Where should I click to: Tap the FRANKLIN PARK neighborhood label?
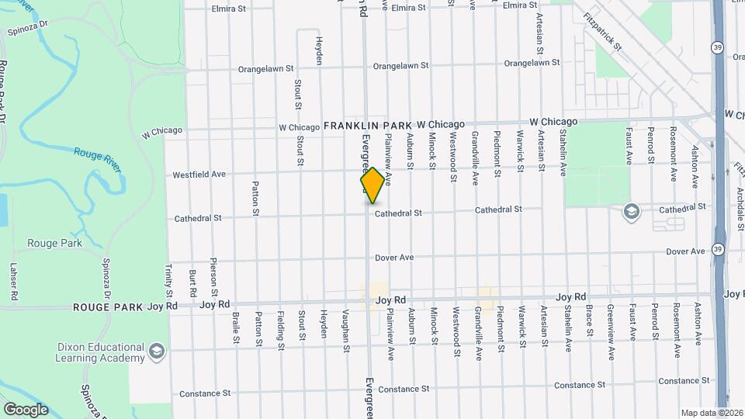(368, 125)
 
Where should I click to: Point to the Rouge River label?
(99, 154)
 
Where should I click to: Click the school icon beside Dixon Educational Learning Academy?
(158, 352)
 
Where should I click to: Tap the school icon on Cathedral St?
(631, 211)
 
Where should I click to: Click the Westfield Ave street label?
(199, 175)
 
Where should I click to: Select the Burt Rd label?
(192, 282)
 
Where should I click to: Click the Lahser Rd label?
(12, 281)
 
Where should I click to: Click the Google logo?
(26, 410)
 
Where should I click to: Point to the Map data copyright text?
(711, 413)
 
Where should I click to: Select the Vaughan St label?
(345, 331)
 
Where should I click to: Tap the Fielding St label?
(280, 331)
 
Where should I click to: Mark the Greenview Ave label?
(612, 331)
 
